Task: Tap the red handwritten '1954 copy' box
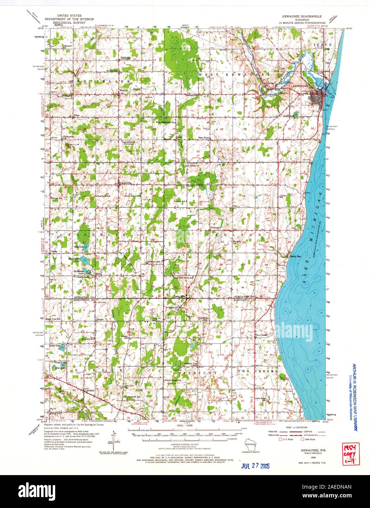pos(350,454)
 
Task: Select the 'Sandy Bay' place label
pos(296,257)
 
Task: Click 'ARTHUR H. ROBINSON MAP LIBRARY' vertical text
pos(354,397)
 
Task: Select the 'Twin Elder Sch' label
pos(261,399)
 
